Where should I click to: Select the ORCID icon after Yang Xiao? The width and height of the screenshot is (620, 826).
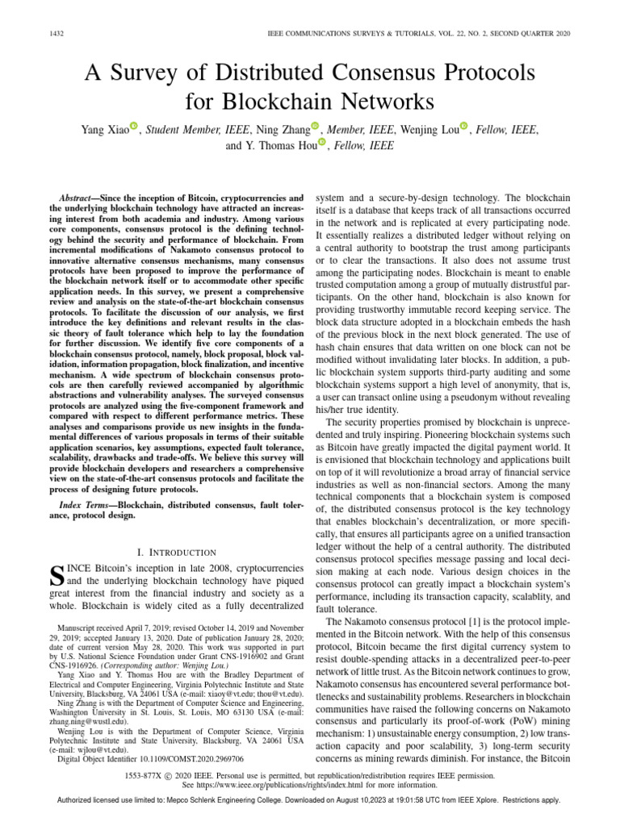[134, 127]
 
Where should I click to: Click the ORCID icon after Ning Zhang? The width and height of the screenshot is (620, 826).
[315, 127]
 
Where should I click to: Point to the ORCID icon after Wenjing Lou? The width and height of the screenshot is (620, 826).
[464, 127]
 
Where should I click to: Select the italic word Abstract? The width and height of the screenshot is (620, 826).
[80, 198]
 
